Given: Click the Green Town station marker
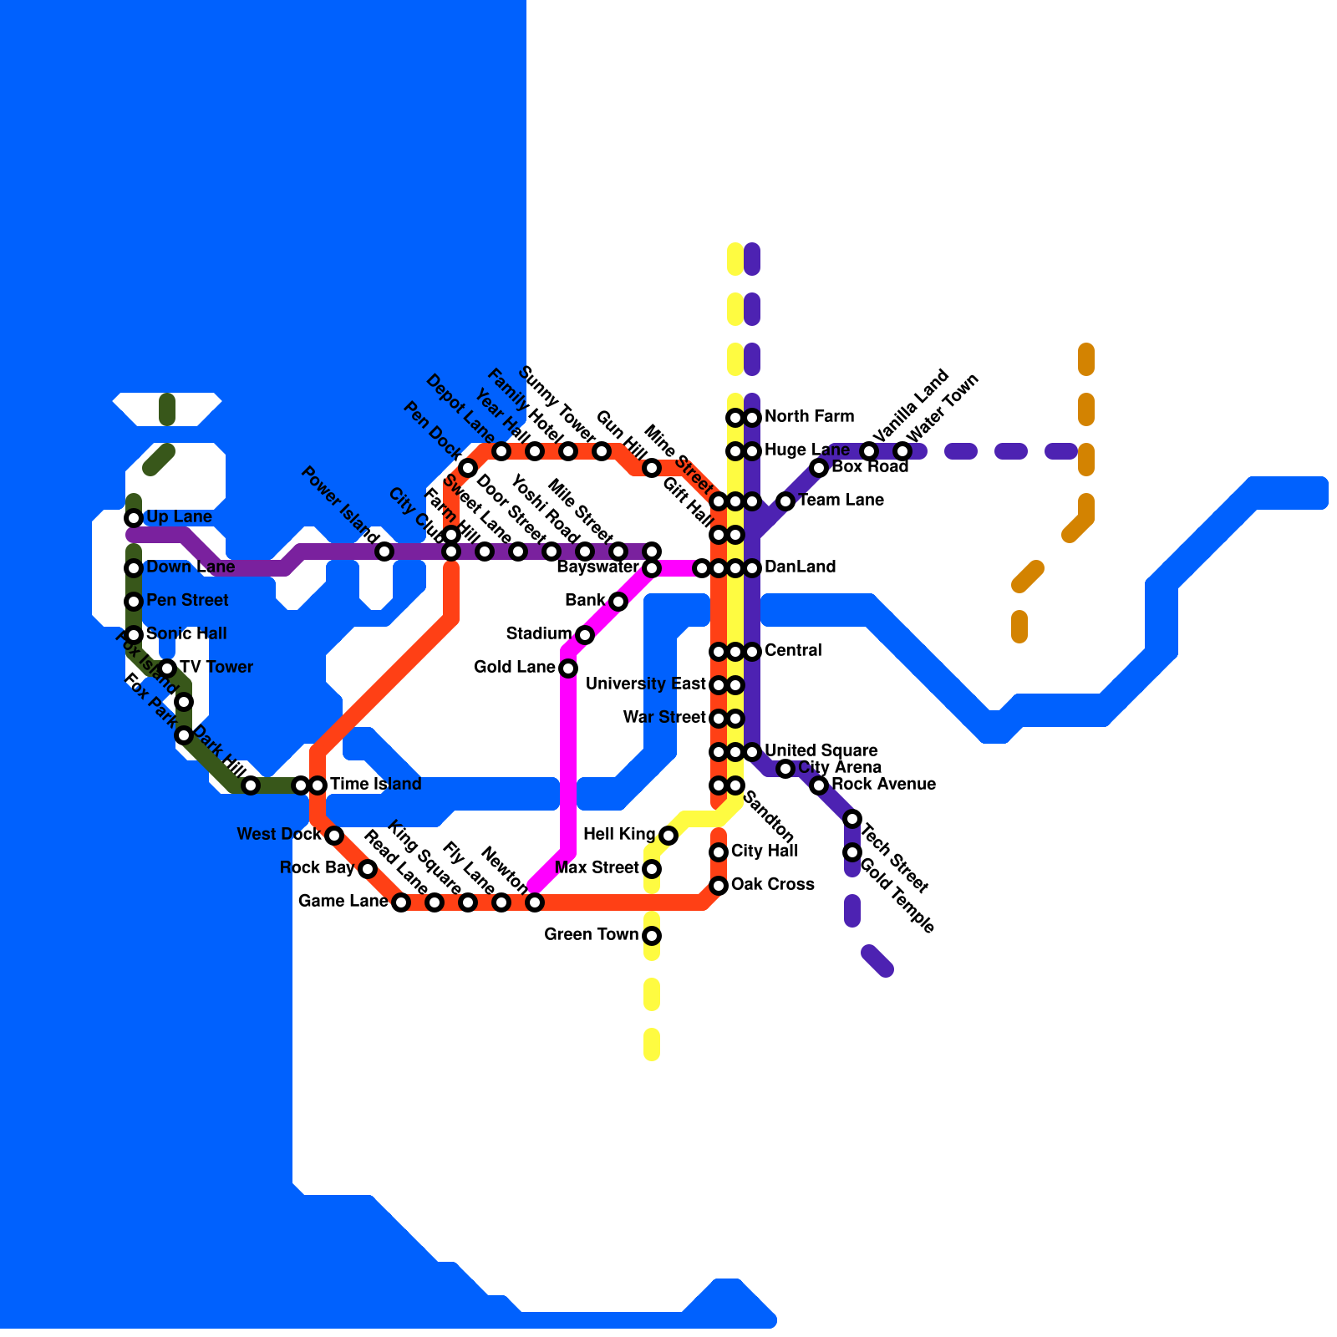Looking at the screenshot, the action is click(652, 936).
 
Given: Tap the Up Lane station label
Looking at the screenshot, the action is click(179, 517).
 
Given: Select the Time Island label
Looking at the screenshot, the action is click(375, 785).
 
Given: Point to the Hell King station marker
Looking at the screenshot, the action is click(668, 836).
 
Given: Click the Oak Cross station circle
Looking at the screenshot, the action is click(719, 886).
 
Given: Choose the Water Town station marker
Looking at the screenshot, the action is click(902, 451).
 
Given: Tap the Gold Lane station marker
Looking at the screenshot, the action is click(568, 668).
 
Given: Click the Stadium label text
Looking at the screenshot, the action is click(538, 634).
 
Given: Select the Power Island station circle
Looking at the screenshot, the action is click(384, 552).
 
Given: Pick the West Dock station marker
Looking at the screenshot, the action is click(334, 836).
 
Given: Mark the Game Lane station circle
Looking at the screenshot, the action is click(401, 902).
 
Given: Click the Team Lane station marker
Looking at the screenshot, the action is click(785, 501).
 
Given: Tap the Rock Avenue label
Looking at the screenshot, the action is click(883, 785).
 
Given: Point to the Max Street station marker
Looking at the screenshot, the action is click(652, 869).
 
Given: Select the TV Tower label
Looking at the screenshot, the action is click(216, 668).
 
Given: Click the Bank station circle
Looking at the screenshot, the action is click(618, 602).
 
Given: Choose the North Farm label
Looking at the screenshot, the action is click(809, 417).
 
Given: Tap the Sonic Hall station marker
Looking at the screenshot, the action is click(134, 635).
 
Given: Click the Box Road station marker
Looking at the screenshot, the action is click(819, 468).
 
